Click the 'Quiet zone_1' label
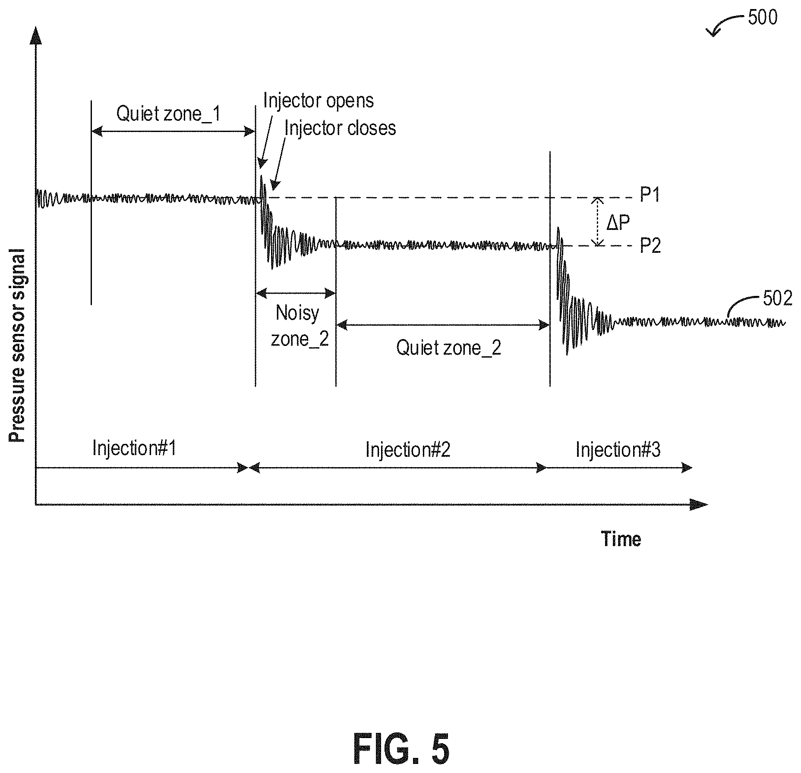(168, 114)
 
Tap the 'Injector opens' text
(319, 101)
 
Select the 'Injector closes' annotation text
(340, 128)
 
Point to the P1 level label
(650, 195)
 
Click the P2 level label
(650, 246)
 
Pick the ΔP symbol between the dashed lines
(618, 223)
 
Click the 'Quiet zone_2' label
(449, 348)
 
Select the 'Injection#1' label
(134, 448)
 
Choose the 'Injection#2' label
(408, 449)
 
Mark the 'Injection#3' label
(618, 449)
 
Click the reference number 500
(763, 18)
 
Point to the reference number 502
(778, 299)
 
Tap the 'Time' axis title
(621, 539)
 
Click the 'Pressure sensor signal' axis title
(17, 346)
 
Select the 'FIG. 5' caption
(401, 749)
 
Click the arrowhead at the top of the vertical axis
(36, 35)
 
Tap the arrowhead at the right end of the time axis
(699, 504)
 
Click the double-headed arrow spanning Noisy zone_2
(296, 294)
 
